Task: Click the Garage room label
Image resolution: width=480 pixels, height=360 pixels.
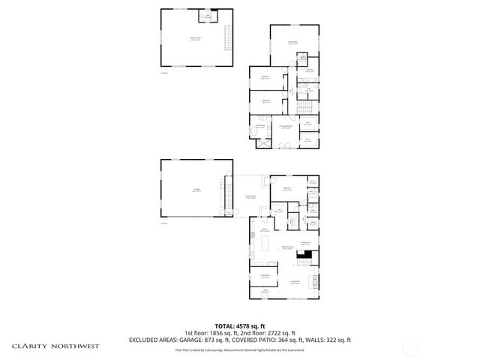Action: [x=196, y=190]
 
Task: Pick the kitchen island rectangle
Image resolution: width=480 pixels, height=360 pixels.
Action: [x=268, y=245]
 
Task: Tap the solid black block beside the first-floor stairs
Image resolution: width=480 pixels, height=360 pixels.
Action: [x=303, y=253]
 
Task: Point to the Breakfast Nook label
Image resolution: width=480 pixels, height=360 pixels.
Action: [x=286, y=247]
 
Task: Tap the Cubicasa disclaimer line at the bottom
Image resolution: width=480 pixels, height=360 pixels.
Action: [x=240, y=349]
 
